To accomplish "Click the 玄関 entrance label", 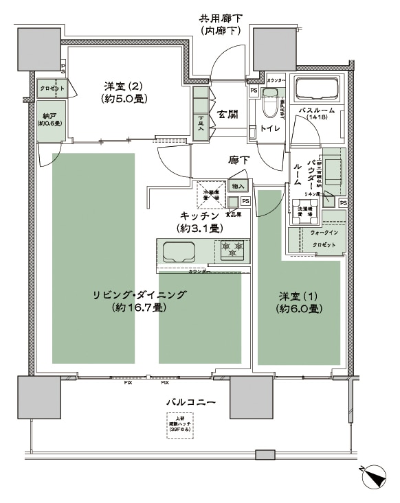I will click(x=227, y=114).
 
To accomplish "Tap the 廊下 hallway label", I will click(x=238, y=160).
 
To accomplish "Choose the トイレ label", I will click(x=270, y=128).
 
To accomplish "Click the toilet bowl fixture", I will click(x=269, y=110).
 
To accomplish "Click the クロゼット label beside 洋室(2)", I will click(x=52, y=89).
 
